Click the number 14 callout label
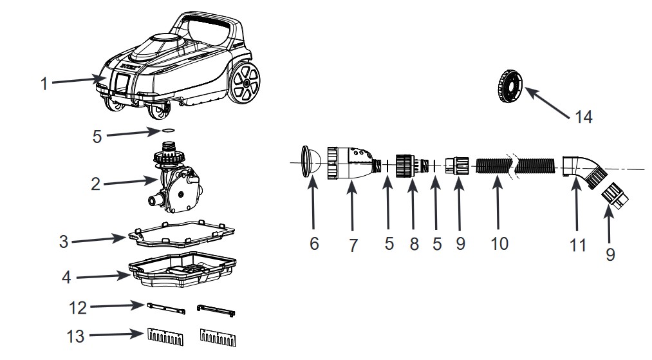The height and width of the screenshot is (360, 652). click(583, 117)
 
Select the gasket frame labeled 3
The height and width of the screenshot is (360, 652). click(181, 233)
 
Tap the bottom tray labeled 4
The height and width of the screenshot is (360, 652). click(183, 270)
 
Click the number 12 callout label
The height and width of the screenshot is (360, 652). click(78, 308)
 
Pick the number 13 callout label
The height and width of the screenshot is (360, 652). click(76, 336)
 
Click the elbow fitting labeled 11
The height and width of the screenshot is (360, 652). click(582, 170)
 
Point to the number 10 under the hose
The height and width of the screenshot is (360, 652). click(499, 243)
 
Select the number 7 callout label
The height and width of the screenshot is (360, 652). click(353, 245)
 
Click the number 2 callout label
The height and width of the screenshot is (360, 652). click(96, 184)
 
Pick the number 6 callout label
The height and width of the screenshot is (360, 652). click(314, 243)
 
